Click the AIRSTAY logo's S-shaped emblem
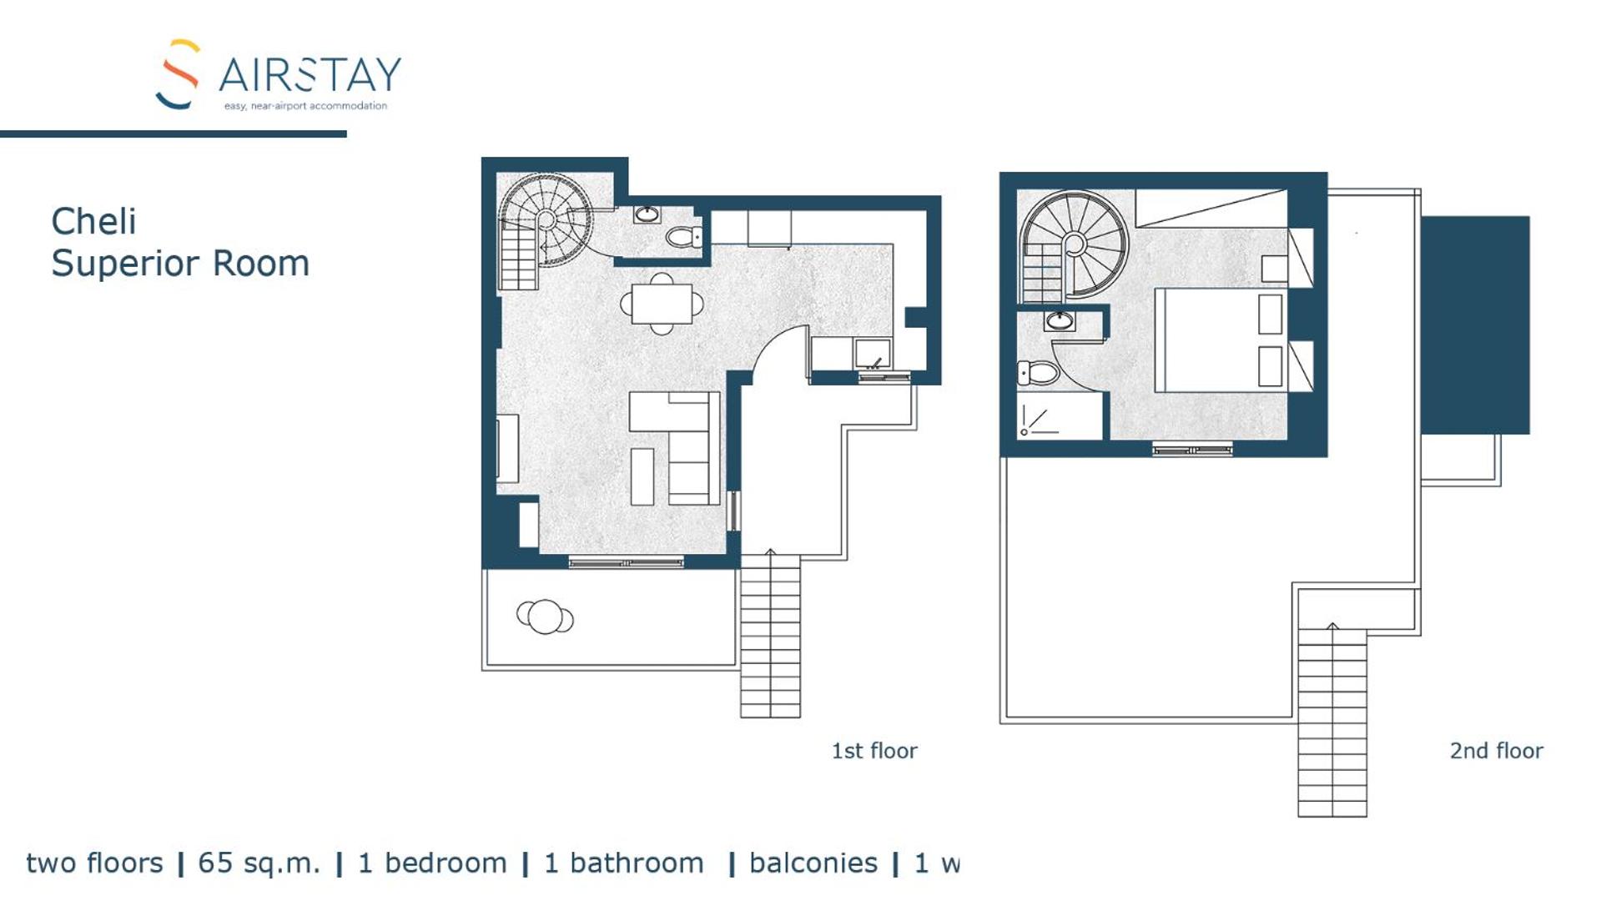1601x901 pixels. pos(178,74)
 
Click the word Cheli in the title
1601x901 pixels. pos(93,222)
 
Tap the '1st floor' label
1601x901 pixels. pos(874,751)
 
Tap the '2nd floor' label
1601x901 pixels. pos(1496,751)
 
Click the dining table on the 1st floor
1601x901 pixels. pos(662,304)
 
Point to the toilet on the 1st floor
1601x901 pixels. pos(685,238)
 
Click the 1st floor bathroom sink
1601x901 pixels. pos(647,214)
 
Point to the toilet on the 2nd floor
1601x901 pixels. pos(1037,372)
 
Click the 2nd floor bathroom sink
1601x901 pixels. pos(1060,320)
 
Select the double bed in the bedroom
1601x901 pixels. pos(1222,340)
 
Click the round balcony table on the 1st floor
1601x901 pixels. pos(545,617)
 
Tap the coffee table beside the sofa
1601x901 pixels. pos(642,476)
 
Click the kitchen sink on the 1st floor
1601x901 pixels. pos(873,354)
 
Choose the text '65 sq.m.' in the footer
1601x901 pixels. pos(259,863)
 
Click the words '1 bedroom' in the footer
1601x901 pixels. pos(432,863)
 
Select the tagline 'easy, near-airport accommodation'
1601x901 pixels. pos(305,106)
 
